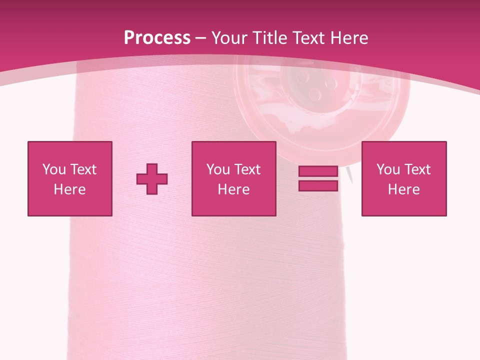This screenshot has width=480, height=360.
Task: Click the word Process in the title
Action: (157, 38)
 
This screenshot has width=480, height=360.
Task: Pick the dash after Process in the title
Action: (200, 38)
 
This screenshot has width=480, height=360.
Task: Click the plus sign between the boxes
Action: (152, 179)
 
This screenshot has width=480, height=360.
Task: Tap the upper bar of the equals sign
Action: (318, 171)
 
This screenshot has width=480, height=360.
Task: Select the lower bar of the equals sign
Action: (318, 185)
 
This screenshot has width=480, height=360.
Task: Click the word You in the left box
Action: (54, 169)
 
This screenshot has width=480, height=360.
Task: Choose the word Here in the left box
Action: (69, 189)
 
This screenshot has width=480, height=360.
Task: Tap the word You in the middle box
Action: (218, 169)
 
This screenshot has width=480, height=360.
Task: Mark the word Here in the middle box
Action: (233, 189)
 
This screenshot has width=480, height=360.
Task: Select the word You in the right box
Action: (388, 169)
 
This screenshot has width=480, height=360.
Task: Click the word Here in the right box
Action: (403, 189)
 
